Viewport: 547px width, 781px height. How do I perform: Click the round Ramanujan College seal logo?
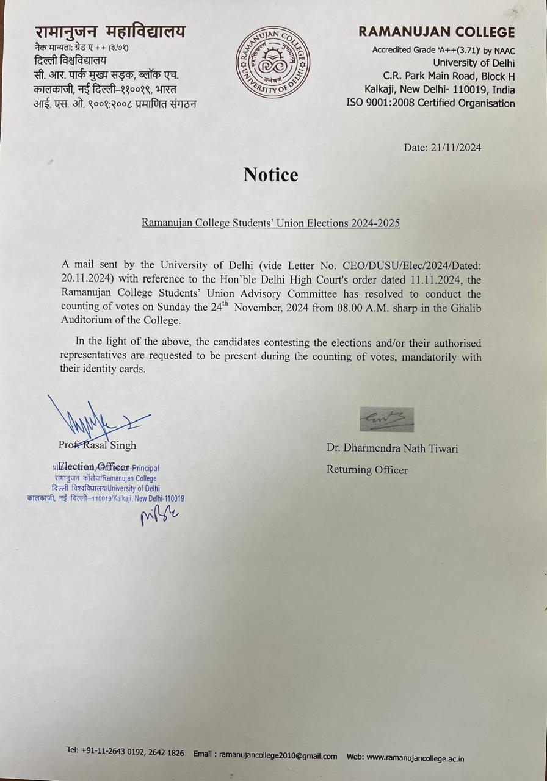(273, 62)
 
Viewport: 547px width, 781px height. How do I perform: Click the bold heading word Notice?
(270, 175)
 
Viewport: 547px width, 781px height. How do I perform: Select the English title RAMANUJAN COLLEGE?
(437, 32)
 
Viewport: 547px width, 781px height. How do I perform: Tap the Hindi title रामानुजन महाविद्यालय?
(110, 31)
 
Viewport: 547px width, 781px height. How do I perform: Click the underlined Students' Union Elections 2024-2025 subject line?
(270, 223)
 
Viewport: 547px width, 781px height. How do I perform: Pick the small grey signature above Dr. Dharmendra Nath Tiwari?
(386, 419)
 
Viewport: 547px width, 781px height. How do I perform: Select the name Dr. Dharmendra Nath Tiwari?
(392, 448)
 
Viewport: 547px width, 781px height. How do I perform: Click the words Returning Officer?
(367, 469)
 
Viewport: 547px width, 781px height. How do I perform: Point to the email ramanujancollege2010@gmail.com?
(278, 755)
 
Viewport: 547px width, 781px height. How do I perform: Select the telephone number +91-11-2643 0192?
(114, 752)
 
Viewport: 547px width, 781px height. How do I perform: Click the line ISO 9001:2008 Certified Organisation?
(430, 103)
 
